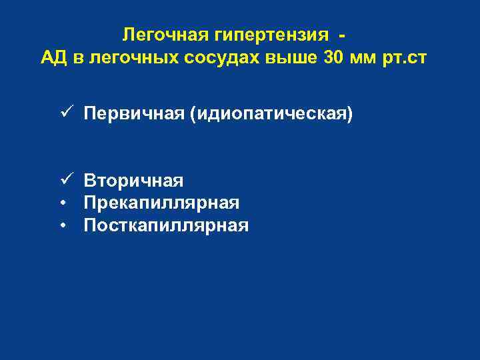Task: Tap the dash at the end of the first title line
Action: pyautogui.click(x=341, y=34)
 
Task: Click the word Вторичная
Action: pyautogui.click(x=133, y=180)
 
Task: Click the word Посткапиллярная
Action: pyautogui.click(x=166, y=225)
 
